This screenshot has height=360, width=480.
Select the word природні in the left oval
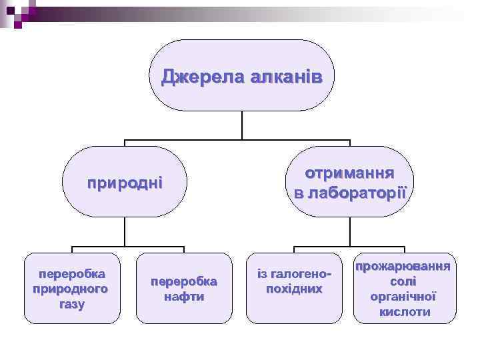[x=125, y=182]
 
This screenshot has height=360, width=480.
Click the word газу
[x=72, y=304]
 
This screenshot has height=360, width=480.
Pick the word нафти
[x=184, y=297]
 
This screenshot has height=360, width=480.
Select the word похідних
[x=294, y=289]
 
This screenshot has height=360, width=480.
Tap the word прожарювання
[x=403, y=266]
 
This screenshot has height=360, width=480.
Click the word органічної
[x=403, y=296]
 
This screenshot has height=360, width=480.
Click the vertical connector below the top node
[x=241, y=125]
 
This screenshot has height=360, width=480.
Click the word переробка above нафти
[x=184, y=281]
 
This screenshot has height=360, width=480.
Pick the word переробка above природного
[x=72, y=274]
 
